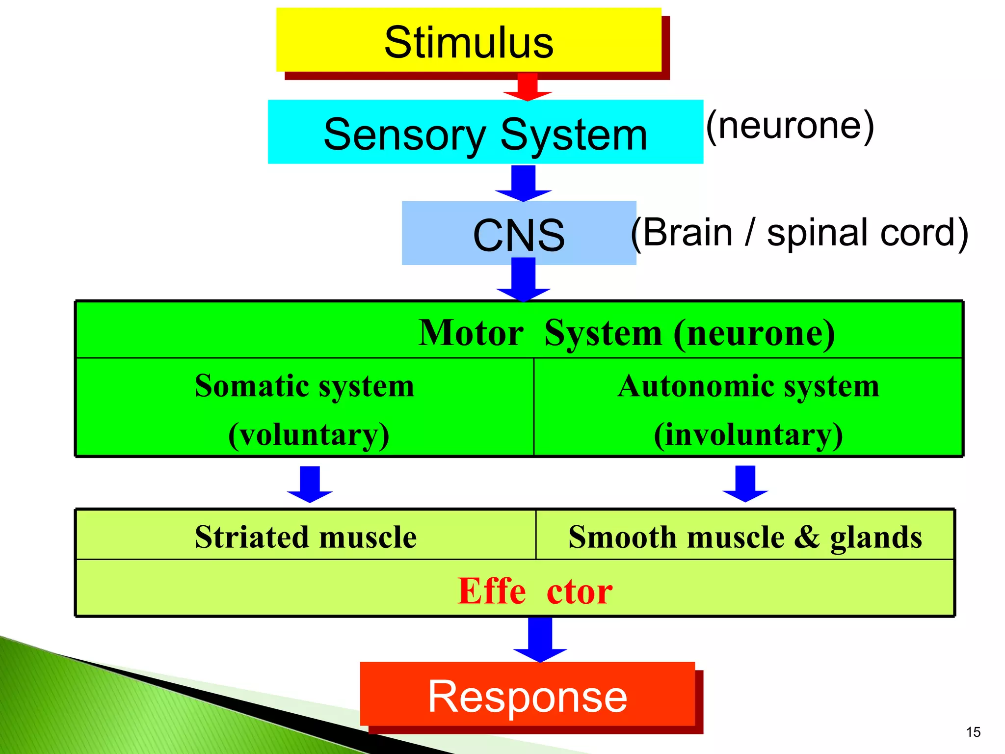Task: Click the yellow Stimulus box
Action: point(469,41)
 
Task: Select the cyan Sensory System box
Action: point(485,133)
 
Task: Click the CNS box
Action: point(519,234)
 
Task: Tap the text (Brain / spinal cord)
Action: point(800,233)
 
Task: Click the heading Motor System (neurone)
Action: point(627,333)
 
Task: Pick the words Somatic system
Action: point(304,386)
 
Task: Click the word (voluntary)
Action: point(309,434)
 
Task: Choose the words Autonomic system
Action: point(748,386)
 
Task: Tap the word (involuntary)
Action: point(748,434)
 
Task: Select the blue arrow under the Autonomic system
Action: point(745,484)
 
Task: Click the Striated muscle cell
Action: point(306,536)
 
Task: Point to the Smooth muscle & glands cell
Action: point(745,536)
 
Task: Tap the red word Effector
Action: point(535,591)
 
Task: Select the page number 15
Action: point(973,732)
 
